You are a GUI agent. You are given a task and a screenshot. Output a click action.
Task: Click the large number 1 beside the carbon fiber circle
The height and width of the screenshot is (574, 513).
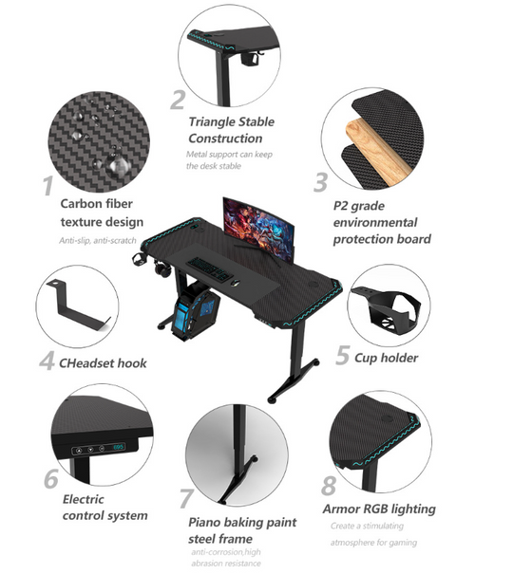(x=48, y=186)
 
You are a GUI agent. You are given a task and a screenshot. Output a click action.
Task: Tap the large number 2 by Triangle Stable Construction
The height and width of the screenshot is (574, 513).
(x=179, y=100)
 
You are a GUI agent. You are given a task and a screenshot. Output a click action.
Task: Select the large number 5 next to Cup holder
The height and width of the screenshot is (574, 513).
(x=343, y=355)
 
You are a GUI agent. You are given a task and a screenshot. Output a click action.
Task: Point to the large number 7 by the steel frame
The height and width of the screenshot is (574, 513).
(x=186, y=498)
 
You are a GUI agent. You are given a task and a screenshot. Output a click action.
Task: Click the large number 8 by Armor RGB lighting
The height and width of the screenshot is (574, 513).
(x=329, y=486)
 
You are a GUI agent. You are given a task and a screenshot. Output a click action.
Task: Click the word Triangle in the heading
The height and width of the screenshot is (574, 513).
(x=212, y=121)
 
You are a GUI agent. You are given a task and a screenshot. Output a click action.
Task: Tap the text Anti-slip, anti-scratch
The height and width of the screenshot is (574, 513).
(x=98, y=240)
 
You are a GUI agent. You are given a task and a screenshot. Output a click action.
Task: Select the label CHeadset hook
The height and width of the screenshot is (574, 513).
(x=103, y=363)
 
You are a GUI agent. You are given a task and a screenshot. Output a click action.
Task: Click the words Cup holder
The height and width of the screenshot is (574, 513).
(x=387, y=358)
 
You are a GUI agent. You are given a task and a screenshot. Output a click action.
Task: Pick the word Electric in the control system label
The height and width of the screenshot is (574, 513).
(x=84, y=499)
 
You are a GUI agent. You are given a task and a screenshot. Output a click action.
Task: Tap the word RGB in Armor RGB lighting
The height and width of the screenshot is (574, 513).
(x=375, y=509)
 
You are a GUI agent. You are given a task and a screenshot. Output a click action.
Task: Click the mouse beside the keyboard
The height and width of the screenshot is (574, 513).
(x=236, y=282)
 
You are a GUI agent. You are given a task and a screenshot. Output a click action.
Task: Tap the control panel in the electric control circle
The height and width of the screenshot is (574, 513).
(x=99, y=449)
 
